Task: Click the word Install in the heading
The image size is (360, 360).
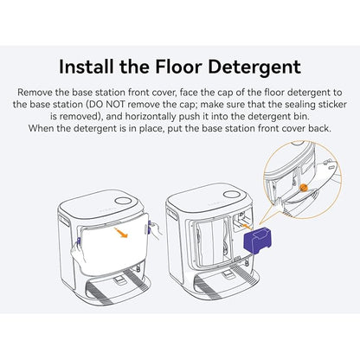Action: coord(87,67)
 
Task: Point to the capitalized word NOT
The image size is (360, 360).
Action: coord(116,105)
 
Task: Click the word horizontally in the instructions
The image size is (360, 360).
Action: coord(151,117)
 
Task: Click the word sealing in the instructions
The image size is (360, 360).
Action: coord(295,105)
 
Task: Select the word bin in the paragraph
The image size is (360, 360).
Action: coord(302,117)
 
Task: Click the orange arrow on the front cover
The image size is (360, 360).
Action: coord(121,232)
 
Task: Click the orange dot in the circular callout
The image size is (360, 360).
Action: coord(303,188)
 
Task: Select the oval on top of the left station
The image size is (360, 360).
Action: coord(123,201)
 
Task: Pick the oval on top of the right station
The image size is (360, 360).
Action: coord(232,194)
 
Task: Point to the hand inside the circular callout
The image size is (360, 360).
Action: coord(279,204)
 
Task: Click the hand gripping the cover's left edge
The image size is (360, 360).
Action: coord(78,254)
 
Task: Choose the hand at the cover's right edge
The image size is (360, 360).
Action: coord(155,230)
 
